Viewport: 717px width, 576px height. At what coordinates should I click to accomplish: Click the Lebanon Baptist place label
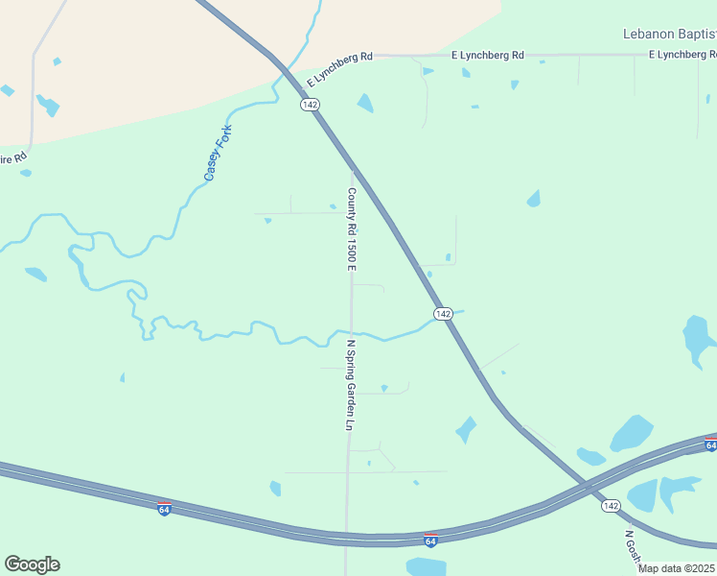tap(669, 34)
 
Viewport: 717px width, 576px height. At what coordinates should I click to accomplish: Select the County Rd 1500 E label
tap(352, 229)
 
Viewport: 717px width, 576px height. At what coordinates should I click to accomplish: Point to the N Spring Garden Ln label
tap(351, 384)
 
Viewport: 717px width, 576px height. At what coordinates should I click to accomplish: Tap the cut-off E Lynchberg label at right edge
tap(682, 55)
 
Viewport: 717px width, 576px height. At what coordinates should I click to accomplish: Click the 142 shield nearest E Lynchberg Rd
tap(309, 105)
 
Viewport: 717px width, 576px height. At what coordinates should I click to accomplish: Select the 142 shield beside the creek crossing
tap(442, 314)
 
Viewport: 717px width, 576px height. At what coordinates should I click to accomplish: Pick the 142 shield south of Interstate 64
tap(611, 505)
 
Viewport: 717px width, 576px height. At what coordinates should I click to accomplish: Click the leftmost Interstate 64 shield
tap(165, 508)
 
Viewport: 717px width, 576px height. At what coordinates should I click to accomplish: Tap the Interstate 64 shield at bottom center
tap(431, 541)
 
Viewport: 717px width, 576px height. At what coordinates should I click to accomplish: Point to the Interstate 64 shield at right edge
tap(710, 444)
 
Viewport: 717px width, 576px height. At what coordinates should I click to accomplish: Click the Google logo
tap(32, 564)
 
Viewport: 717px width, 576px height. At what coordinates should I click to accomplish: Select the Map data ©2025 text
tap(677, 568)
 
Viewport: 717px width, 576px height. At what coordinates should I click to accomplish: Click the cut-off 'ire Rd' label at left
tap(13, 156)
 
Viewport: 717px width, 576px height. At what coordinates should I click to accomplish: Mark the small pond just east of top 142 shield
tap(365, 103)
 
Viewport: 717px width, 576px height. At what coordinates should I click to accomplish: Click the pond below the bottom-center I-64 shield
tap(426, 566)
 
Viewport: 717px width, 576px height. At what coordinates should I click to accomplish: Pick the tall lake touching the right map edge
tap(697, 341)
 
